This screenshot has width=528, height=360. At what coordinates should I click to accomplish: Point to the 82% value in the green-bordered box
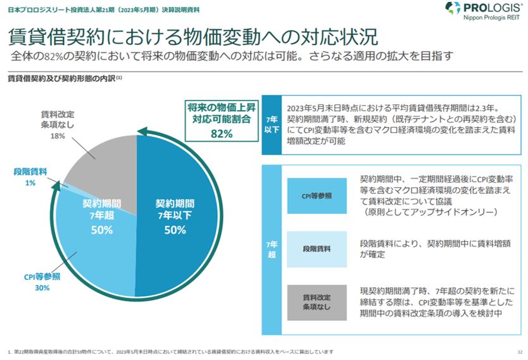point(221,133)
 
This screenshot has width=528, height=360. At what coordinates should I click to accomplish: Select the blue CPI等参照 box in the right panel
point(316,196)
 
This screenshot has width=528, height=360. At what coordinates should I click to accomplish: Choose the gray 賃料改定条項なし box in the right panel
point(316,302)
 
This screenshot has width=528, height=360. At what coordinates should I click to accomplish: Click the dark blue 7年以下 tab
point(271,124)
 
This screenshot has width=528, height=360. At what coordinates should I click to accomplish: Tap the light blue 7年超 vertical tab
point(271,249)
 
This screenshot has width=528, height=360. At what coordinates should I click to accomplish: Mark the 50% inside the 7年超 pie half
point(101,230)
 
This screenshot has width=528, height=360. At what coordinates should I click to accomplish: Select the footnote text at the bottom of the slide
point(171,351)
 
